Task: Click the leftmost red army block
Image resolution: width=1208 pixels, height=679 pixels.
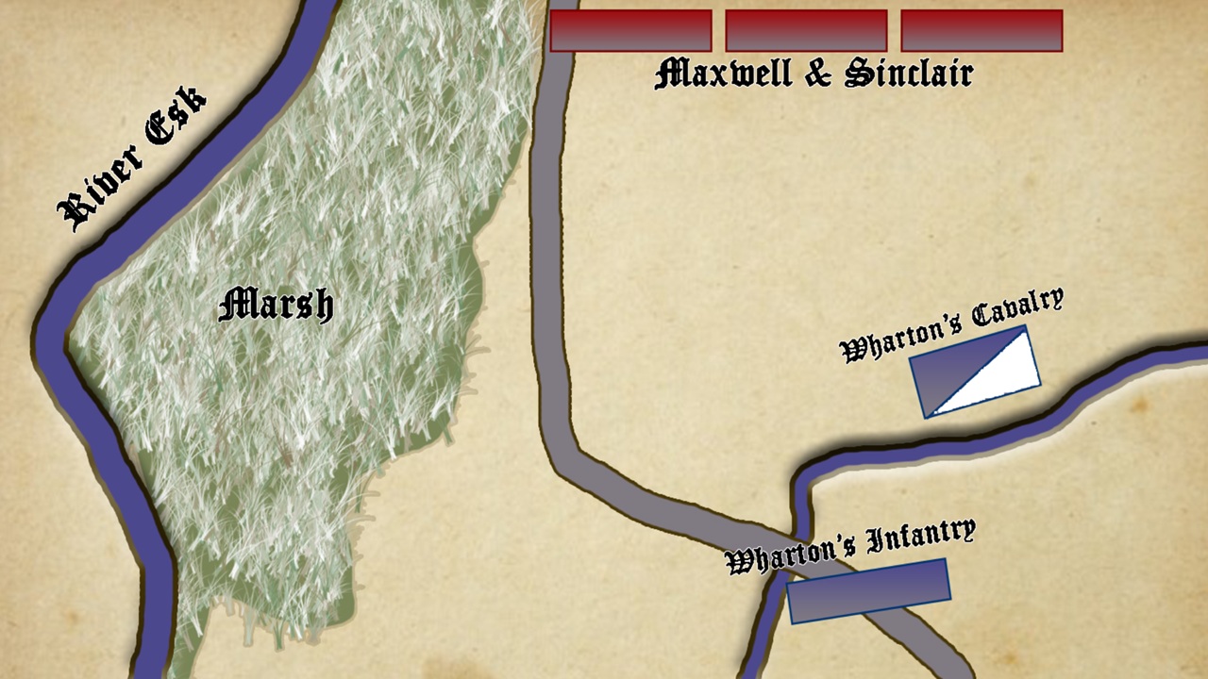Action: pos(630,30)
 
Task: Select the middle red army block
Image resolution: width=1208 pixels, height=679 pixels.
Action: pos(806,30)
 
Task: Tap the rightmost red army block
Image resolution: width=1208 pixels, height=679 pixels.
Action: pos(981,30)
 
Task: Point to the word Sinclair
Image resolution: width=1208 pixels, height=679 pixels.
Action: pos(908,74)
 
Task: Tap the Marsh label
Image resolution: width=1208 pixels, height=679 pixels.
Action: pos(276,305)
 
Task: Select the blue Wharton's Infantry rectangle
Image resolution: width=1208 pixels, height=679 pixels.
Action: pos(868,591)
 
